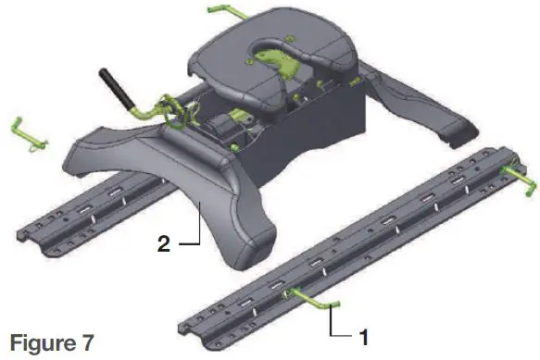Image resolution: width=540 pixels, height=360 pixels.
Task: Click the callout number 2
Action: [x=164, y=245]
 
